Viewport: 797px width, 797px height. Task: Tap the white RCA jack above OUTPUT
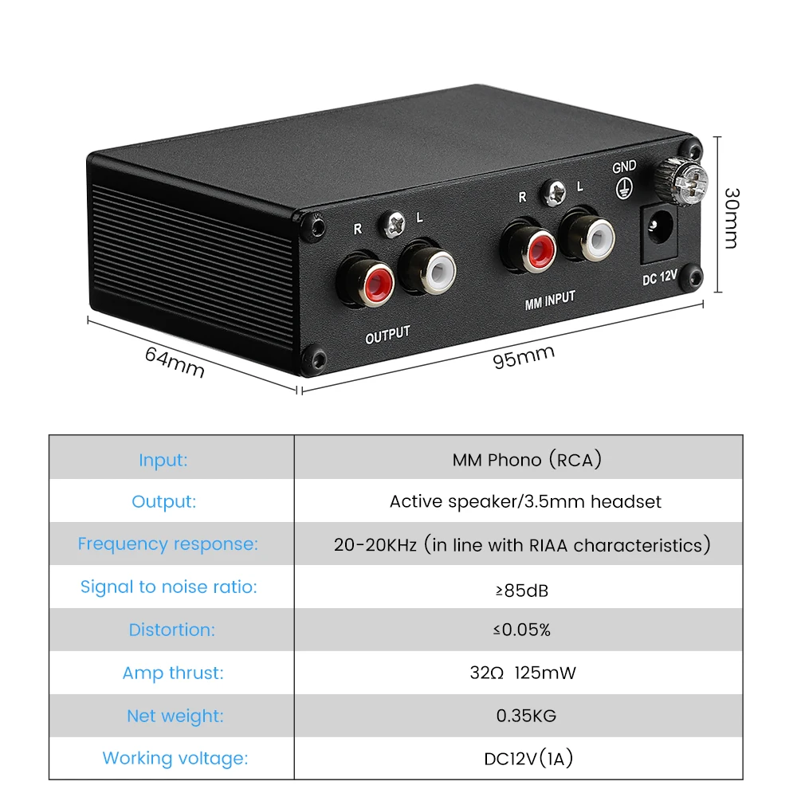coord(432,269)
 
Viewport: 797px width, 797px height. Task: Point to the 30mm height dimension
coord(730,218)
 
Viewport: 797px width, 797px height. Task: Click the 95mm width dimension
coord(524,357)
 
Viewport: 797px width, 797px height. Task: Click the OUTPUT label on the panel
coord(387,335)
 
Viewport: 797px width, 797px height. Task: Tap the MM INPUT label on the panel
coord(550,300)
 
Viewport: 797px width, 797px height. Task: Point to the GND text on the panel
coord(624,167)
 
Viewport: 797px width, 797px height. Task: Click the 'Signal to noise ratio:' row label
coord(168,587)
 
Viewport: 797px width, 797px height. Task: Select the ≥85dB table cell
coord(522,591)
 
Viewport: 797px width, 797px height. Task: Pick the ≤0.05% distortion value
coord(522,630)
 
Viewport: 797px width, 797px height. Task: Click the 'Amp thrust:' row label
coord(173,673)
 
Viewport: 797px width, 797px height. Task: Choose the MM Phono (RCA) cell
coord(527,460)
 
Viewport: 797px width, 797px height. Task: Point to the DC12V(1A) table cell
coord(528,759)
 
